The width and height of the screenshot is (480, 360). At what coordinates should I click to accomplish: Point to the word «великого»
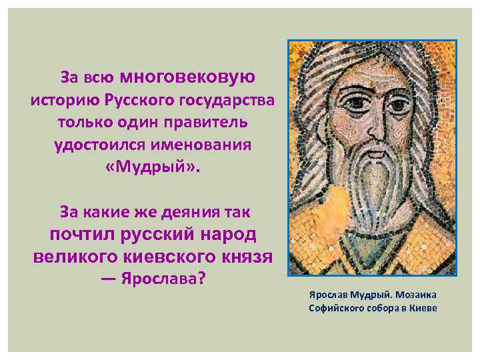click(x=73, y=256)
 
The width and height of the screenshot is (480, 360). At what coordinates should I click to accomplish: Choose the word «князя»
click(x=244, y=256)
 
